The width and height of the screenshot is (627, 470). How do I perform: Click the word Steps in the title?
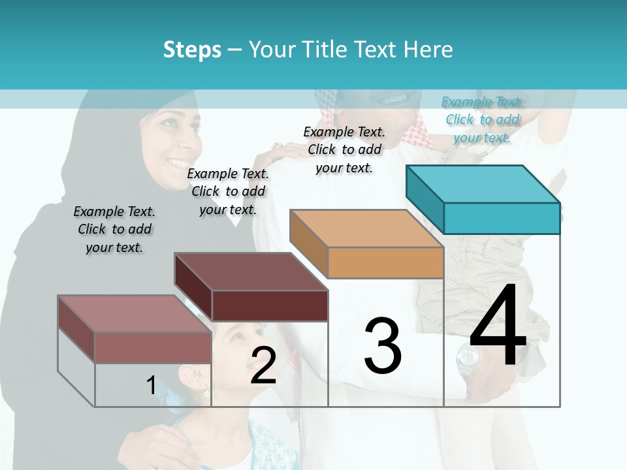pos(192,50)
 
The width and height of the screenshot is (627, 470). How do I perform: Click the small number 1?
pos(151,385)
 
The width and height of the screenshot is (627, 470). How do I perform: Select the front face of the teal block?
pos(501,218)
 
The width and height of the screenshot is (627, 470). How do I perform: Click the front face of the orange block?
pos(385,262)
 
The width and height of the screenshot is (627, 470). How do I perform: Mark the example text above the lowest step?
pos(114,229)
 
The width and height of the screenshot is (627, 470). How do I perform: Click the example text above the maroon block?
pos(228,191)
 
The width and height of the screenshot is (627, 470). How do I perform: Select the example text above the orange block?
pos(344,149)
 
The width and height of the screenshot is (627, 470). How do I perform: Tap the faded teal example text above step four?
pos(482,119)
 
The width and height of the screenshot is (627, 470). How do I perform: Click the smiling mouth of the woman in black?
pos(177,161)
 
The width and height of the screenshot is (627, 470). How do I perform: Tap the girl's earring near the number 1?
pos(206,394)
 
